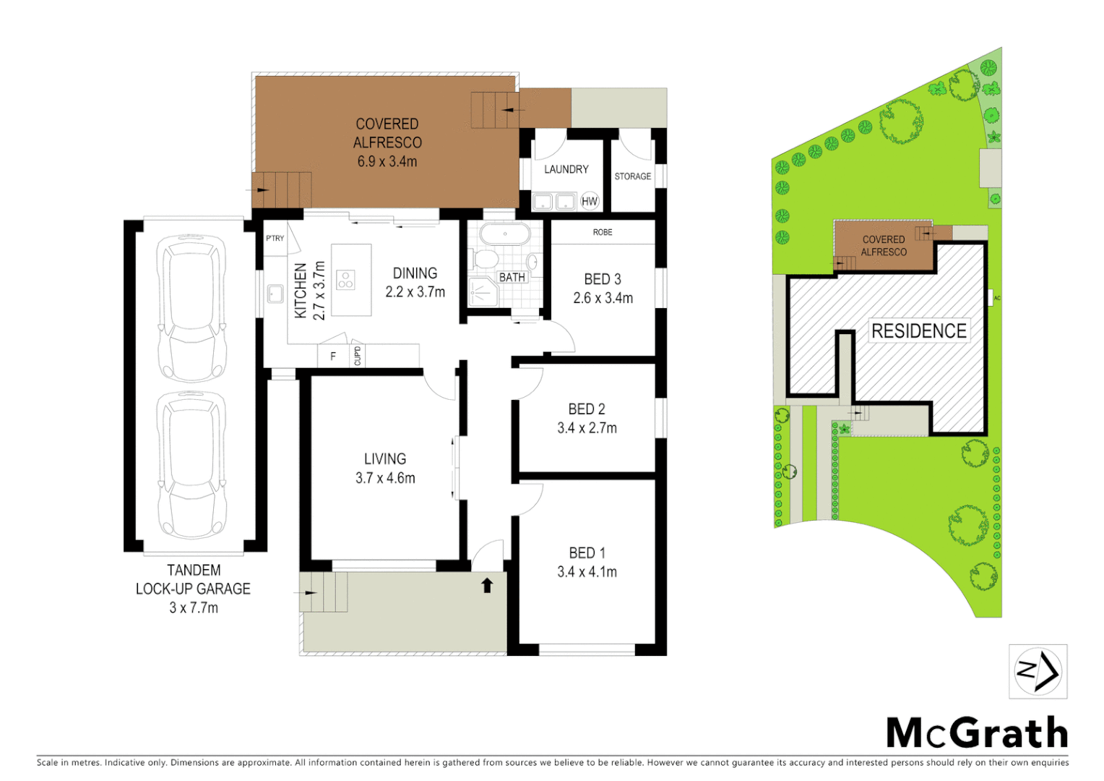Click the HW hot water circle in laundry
coord(590,202)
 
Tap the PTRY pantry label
coord(275,238)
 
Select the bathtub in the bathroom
coord(505,234)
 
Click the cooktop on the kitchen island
coord(345,280)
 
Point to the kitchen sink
coord(275,294)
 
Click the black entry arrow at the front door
coord(487,585)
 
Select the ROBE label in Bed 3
coord(602,232)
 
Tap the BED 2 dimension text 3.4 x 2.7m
coord(587,428)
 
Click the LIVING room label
coord(384,458)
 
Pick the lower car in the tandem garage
coord(191,464)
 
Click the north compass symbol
coord(1038,672)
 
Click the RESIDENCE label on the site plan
coord(918,331)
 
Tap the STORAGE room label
coord(632,176)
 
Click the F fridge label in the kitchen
coord(333,356)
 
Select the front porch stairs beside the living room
coord(324,592)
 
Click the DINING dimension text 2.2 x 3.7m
coord(415,292)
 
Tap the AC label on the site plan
coord(997,298)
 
